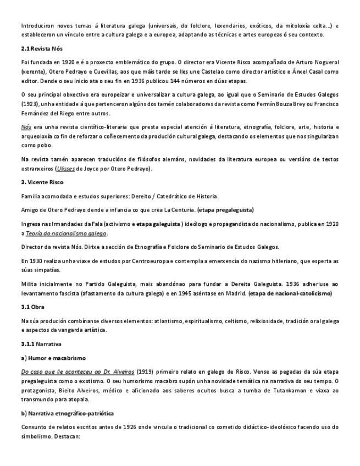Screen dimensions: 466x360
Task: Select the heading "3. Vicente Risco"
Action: pyautogui.click(x=42, y=182)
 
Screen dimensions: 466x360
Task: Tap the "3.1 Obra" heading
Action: pyautogui.click(x=33, y=306)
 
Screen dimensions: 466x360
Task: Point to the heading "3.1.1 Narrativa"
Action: pyautogui.click(x=41, y=343)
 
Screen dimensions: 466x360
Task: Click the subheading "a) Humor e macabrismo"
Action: pyautogui.click(x=50, y=358)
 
